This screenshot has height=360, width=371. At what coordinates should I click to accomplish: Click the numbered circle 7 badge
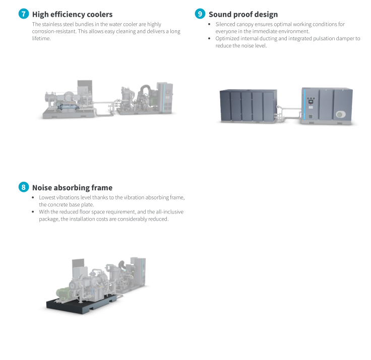click(x=24, y=14)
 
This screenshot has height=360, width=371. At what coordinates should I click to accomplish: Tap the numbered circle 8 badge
click(x=24, y=187)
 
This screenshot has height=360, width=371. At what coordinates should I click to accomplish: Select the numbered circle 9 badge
click(x=200, y=14)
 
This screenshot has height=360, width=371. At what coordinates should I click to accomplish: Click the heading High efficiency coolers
click(x=73, y=15)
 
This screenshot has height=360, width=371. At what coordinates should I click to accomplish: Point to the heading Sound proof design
click(x=243, y=15)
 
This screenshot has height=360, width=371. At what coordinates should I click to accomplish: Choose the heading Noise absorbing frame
click(x=73, y=188)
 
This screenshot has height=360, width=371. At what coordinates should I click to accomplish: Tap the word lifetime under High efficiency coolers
click(x=41, y=39)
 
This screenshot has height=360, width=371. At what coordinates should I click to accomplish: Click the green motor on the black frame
click(x=64, y=293)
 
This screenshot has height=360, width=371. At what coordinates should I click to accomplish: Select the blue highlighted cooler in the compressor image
click(x=68, y=107)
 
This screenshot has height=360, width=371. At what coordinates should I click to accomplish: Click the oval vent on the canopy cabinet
click(x=341, y=115)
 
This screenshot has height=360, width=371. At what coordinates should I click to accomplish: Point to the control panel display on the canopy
click(x=311, y=102)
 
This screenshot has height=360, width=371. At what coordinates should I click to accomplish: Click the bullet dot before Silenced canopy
click(x=209, y=24)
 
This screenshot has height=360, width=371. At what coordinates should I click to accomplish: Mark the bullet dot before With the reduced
click(x=33, y=211)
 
